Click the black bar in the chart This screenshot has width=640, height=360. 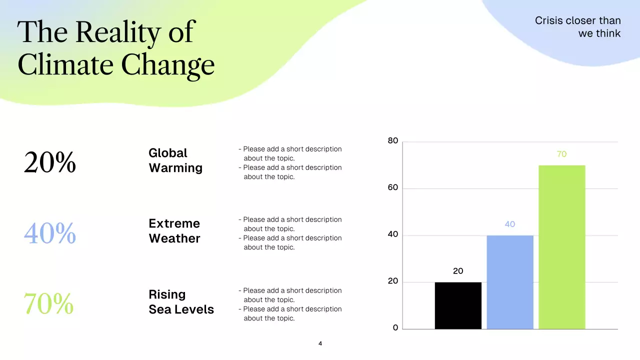458,305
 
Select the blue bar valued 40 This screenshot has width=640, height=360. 510,282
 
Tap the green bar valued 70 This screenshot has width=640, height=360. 561,247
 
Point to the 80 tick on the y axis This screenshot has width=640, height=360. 393,141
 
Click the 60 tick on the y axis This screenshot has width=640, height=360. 393,188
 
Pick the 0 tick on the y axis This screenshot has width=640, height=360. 395,328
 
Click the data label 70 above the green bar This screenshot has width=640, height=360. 561,154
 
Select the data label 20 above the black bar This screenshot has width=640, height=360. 458,271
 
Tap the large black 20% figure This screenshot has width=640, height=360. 50,162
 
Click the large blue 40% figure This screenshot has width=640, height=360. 50,233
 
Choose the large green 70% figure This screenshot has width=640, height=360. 49,303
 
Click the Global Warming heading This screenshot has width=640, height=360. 175,160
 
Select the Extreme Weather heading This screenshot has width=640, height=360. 174,231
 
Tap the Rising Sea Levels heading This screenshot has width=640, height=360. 181,302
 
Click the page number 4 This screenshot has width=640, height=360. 320,343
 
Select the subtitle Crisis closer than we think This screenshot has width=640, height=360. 578,27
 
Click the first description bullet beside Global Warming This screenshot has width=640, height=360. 290,153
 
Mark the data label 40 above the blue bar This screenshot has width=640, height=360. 509,224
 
